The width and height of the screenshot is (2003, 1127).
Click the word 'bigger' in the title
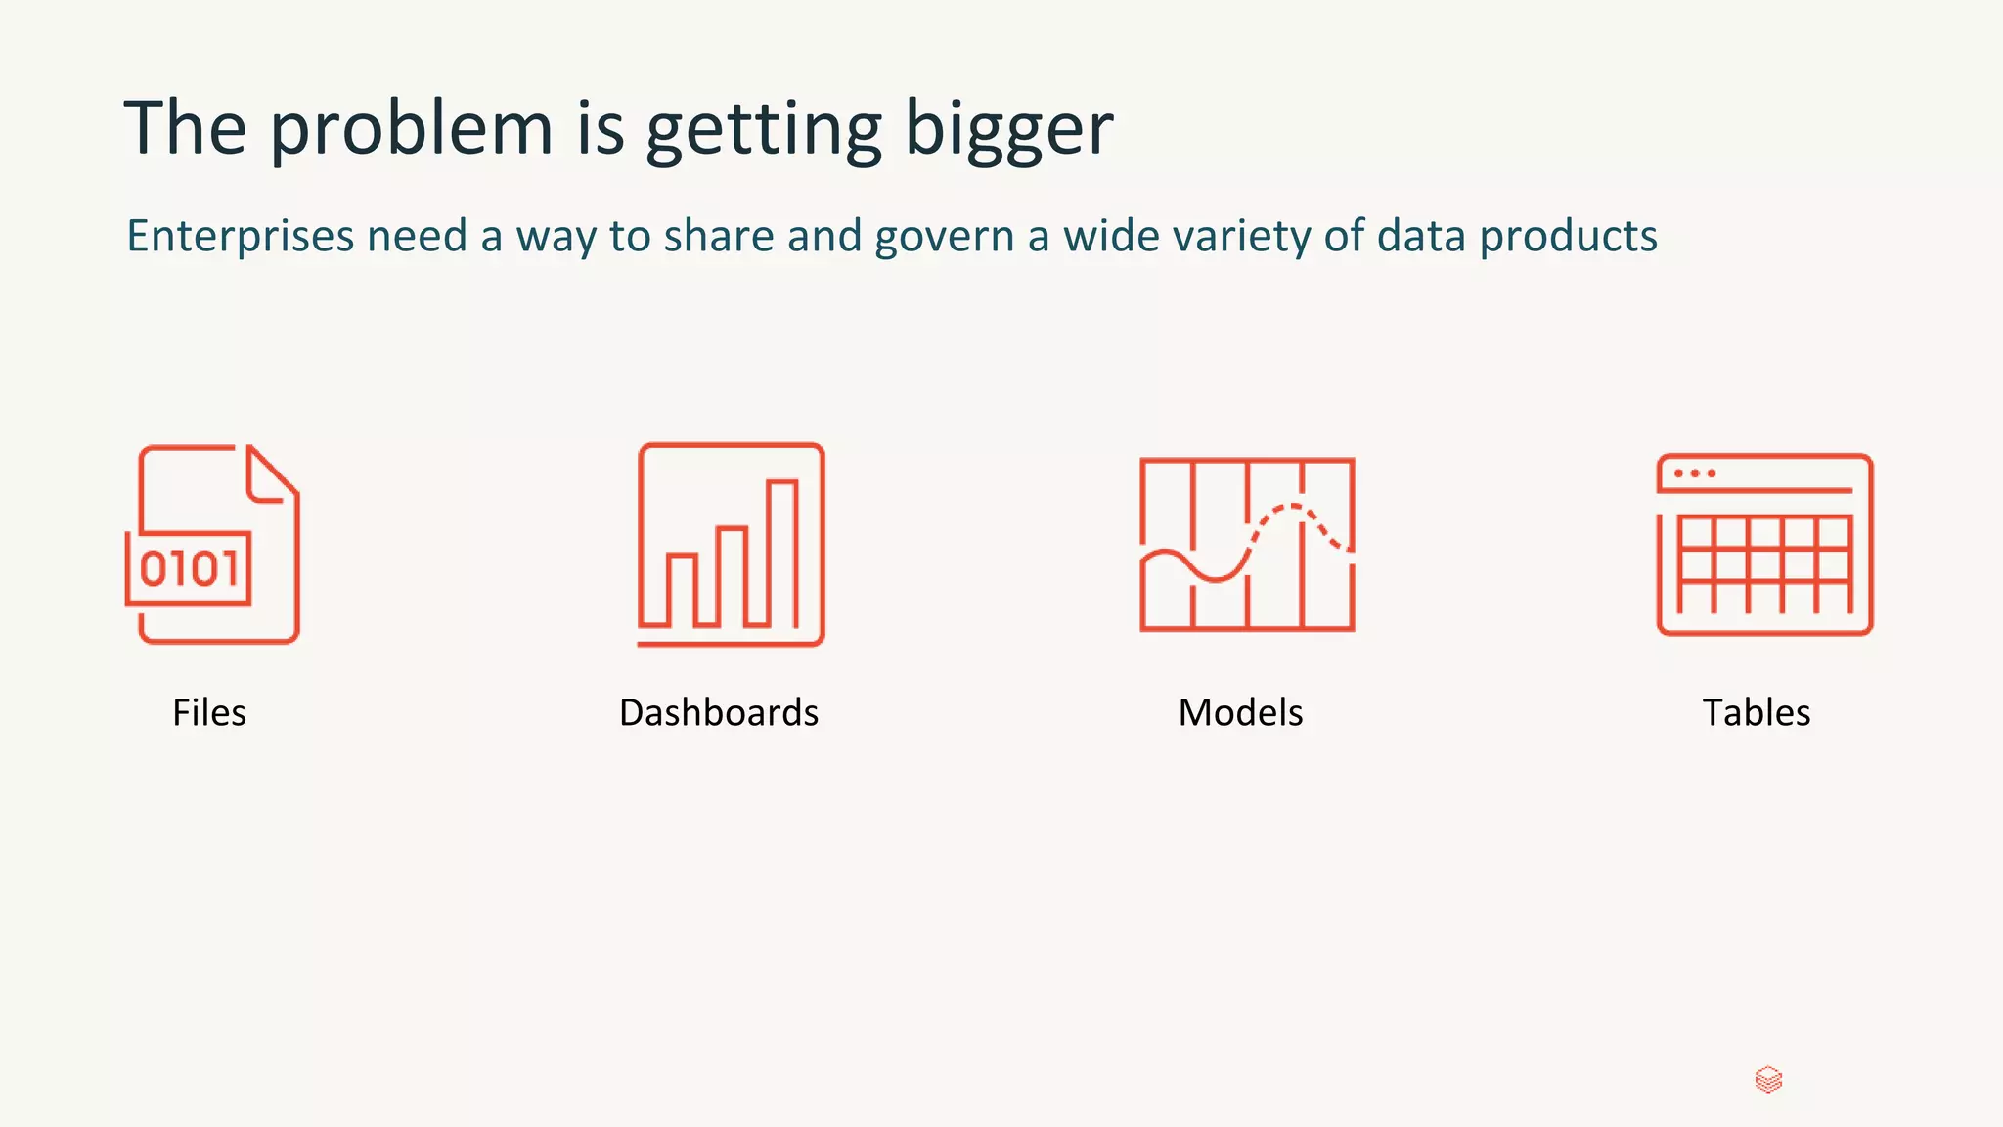pyautogui.click(x=1008, y=128)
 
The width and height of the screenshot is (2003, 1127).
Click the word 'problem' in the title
pyautogui.click(x=411, y=128)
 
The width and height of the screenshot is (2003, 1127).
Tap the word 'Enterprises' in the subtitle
pyautogui.click(x=241, y=236)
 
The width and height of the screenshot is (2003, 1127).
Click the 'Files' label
pyautogui.click(x=209, y=712)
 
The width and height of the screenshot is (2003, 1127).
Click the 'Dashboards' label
pyautogui.click(x=719, y=712)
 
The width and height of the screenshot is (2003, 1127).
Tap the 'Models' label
pyautogui.click(x=1240, y=712)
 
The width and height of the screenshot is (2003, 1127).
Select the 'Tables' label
pyautogui.click(x=1757, y=712)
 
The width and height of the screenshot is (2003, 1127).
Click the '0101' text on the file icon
pyautogui.click(x=189, y=568)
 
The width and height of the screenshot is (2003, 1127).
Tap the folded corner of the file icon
pyautogui.click(x=271, y=476)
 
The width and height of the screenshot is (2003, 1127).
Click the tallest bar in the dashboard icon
pyautogui.click(x=782, y=553)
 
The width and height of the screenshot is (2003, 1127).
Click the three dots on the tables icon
pyautogui.click(x=1695, y=473)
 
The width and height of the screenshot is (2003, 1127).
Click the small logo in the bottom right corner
pyautogui.click(x=1768, y=1080)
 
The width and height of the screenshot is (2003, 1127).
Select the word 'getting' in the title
pyautogui.click(x=764, y=128)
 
